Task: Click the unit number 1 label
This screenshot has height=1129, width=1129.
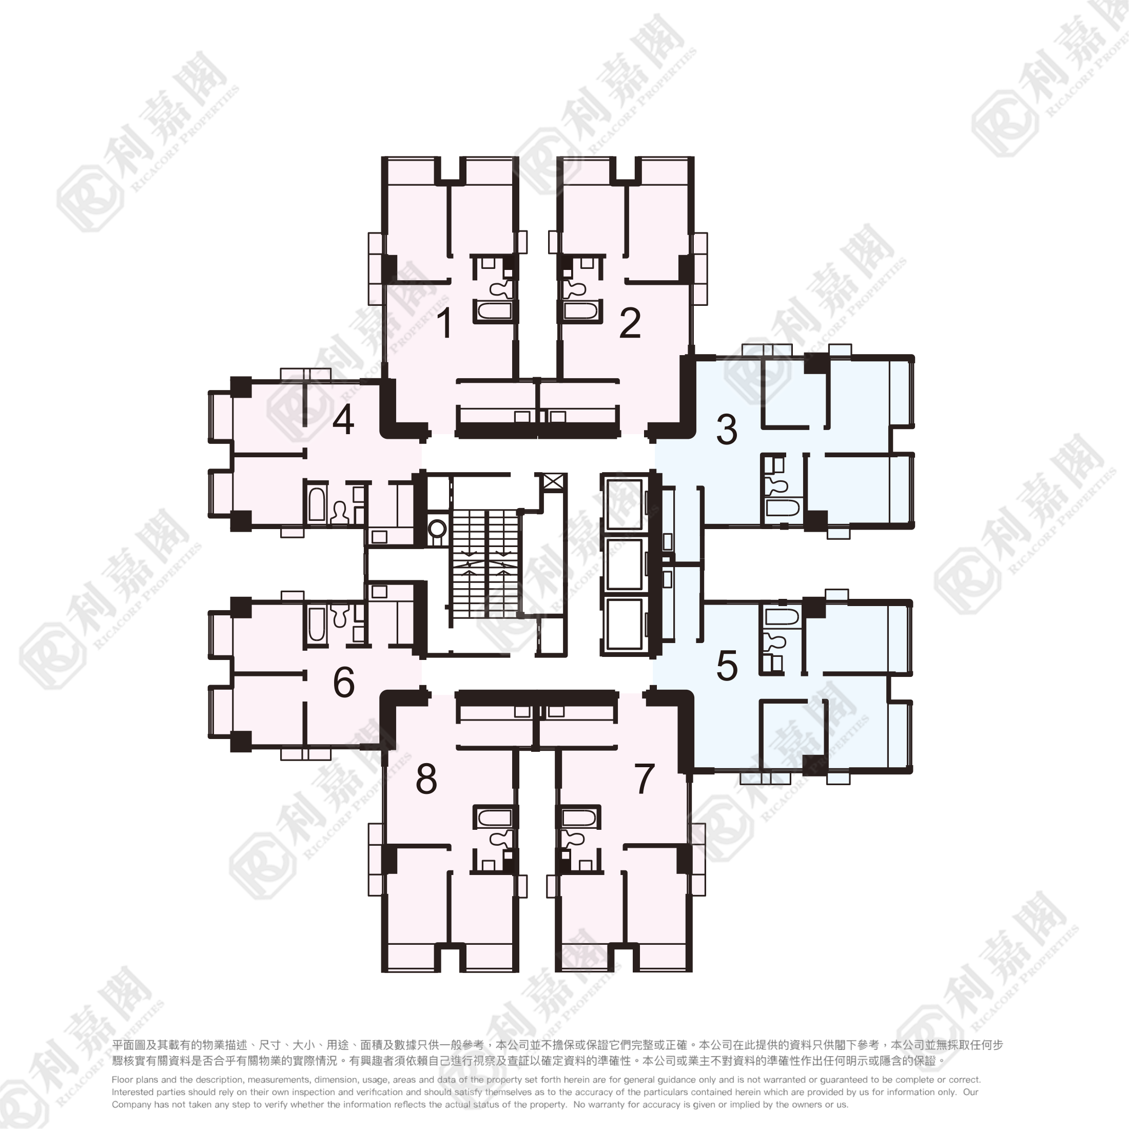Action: [446, 323]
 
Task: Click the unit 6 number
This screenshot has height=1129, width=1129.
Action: [344, 682]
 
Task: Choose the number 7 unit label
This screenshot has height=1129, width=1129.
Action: [644, 779]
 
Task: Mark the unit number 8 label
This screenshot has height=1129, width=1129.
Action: [426, 779]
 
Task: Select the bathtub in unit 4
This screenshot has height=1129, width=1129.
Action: [317, 504]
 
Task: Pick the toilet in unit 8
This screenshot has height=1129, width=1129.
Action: [500, 839]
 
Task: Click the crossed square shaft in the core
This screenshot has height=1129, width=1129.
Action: [554, 483]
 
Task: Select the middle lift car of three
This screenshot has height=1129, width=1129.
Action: [624, 564]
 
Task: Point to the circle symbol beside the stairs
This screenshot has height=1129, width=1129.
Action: [437, 530]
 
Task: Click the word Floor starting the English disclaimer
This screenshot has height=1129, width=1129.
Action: [123, 1079]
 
